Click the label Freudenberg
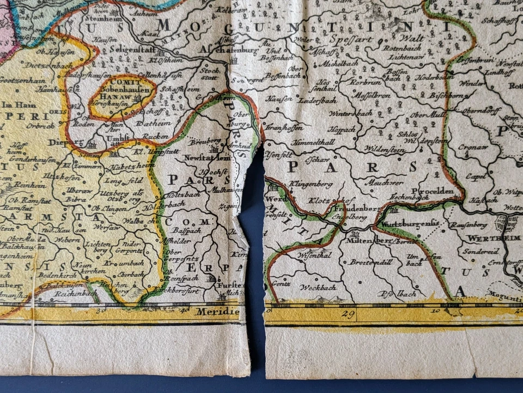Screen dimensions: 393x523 (356, 208)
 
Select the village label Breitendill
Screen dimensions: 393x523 (371, 262)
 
